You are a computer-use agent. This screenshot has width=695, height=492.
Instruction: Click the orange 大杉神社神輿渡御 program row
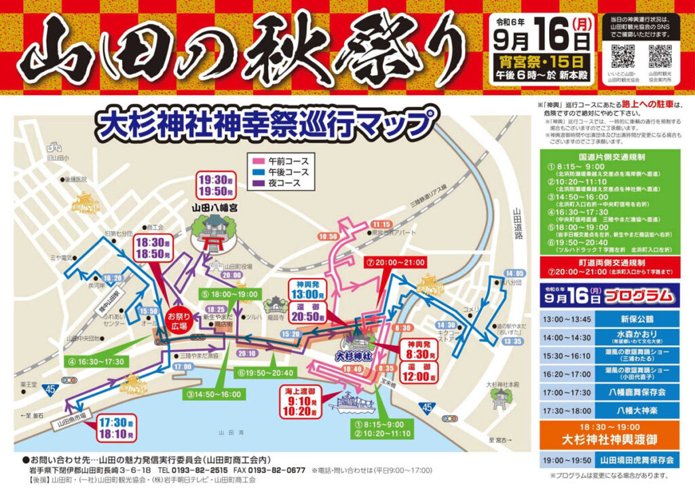click(609, 435)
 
